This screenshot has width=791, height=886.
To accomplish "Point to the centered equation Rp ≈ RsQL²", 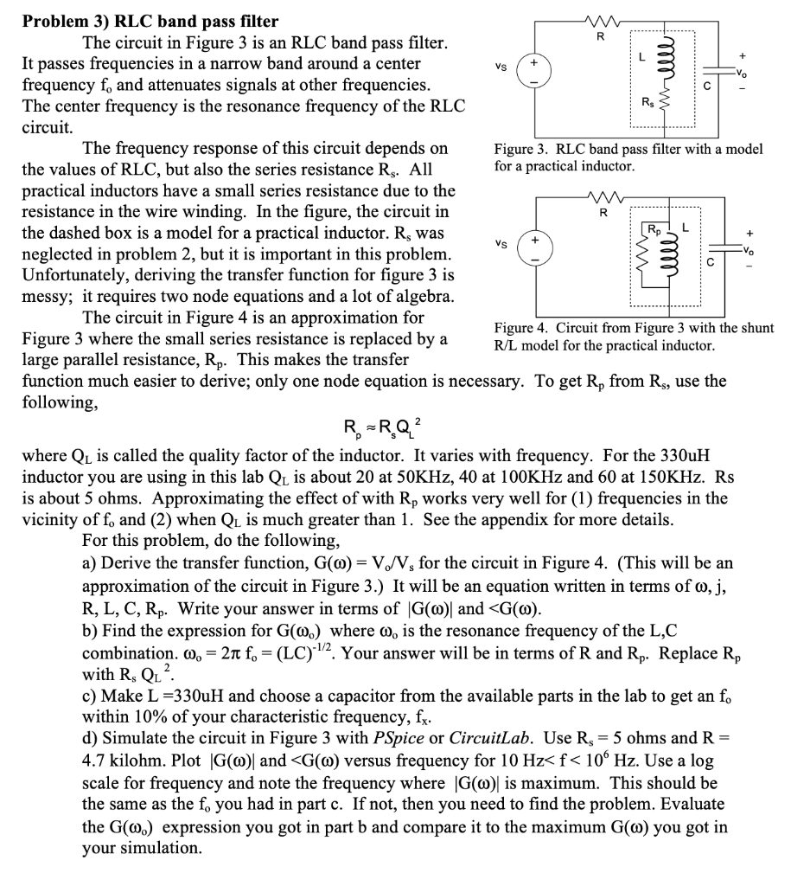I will (x=384, y=426).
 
